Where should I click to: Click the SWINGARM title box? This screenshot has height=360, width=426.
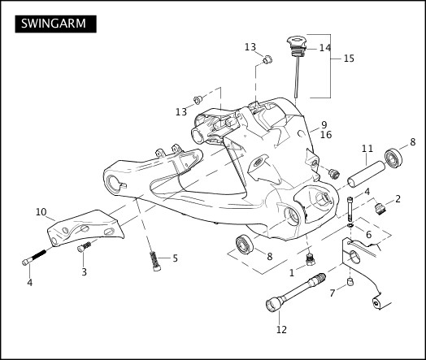click(55, 23)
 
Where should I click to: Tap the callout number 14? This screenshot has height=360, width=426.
click(325, 48)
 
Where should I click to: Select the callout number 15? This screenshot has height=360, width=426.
click(349, 59)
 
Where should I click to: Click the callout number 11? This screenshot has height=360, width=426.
click(367, 149)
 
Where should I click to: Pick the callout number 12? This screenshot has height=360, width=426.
click(282, 329)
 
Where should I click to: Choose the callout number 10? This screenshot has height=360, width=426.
click(41, 212)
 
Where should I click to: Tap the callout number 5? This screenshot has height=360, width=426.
click(175, 258)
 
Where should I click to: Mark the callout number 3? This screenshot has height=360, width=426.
click(84, 271)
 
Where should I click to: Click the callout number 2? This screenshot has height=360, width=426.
click(398, 199)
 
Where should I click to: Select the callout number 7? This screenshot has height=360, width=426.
click(331, 293)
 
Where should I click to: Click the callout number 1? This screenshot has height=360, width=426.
click(291, 273)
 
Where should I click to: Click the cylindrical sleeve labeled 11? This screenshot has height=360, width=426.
click(365, 175)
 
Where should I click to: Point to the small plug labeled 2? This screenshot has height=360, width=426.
click(378, 210)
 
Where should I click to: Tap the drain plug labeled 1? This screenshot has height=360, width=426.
click(310, 260)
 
